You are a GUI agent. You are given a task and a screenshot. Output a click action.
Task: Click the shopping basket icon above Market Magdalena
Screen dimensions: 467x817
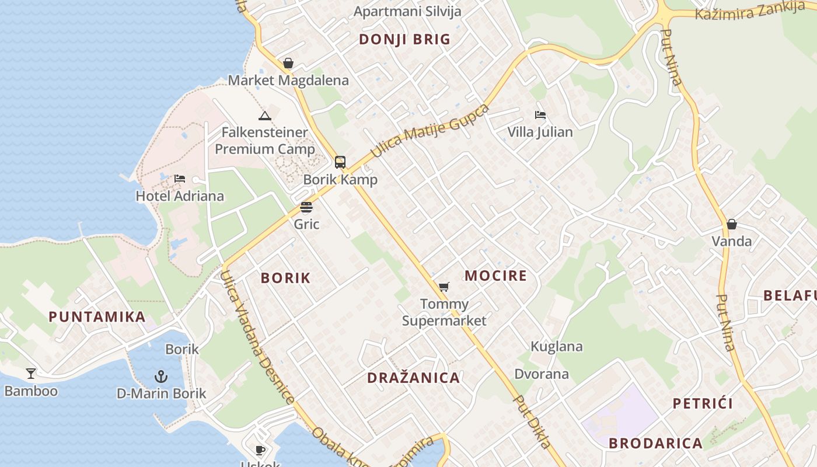[x=288, y=63]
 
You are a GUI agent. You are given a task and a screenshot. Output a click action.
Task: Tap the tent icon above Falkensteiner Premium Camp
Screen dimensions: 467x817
[x=265, y=116]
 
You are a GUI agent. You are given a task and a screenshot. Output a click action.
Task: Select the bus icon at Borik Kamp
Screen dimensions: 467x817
[x=340, y=162]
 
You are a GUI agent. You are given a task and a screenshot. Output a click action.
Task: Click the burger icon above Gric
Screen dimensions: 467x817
[x=306, y=207]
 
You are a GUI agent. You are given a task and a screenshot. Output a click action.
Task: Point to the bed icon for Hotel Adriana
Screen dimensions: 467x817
[x=180, y=179]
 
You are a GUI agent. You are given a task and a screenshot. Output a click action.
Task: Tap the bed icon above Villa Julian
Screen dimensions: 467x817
[x=540, y=115]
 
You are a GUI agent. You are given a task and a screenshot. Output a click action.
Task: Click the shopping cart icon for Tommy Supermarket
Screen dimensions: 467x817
[x=444, y=287]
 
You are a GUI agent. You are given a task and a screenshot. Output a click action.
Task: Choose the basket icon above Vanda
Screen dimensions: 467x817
[x=732, y=224]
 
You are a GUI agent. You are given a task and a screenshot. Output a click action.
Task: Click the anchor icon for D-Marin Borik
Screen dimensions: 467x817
[x=161, y=377]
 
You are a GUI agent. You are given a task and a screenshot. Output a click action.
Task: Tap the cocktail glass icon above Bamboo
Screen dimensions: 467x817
[x=31, y=374]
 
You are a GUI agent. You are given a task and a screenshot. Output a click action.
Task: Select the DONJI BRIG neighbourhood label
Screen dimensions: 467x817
[x=404, y=39]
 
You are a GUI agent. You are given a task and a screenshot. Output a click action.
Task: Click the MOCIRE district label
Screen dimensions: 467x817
[x=495, y=276]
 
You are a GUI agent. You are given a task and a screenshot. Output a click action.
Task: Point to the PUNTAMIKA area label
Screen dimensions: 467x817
[x=97, y=317]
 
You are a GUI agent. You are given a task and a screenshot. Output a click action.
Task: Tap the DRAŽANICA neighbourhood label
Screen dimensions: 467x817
[x=414, y=378]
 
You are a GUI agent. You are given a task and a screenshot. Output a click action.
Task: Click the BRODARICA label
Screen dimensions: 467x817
[x=656, y=443]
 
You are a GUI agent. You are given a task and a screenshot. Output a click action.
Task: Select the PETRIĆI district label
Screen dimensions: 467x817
[x=703, y=403]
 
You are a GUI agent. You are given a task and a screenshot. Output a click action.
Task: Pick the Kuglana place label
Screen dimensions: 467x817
[x=557, y=347]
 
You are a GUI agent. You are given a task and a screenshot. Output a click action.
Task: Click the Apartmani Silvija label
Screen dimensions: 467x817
[x=407, y=11]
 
